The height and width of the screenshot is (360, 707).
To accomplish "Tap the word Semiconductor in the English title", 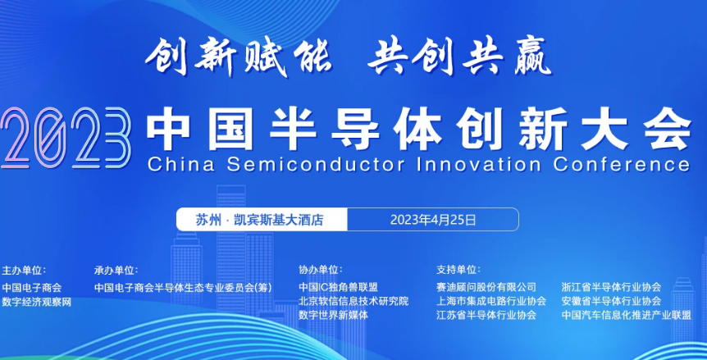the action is click(x=316, y=164).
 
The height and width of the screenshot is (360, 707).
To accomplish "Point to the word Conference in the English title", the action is click(x=622, y=164).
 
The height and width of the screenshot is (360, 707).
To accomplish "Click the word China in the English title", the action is click(x=180, y=164).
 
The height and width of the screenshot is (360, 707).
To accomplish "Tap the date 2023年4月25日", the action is click(x=433, y=220).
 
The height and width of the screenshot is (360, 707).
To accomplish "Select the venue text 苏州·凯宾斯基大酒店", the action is click(x=260, y=220).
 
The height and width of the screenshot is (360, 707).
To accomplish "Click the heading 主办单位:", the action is click(x=25, y=271).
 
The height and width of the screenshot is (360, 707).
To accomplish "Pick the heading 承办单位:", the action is click(x=116, y=271).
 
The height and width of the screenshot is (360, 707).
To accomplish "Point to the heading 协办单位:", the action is click(x=321, y=270).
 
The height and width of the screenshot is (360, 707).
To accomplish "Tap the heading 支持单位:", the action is click(x=458, y=270).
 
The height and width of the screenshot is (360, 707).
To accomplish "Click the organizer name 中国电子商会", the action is click(x=32, y=288).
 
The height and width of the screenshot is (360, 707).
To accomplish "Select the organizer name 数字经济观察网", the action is click(x=37, y=302).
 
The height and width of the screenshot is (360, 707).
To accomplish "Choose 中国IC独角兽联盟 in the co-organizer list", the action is click(x=338, y=287).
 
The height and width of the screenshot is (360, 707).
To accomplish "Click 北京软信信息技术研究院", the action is click(x=353, y=300).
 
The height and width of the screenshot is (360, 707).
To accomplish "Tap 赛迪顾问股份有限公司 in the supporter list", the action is click(x=486, y=286).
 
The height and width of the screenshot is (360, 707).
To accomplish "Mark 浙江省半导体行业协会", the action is click(x=611, y=286).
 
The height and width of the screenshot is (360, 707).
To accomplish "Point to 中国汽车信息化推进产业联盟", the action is click(x=627, y=315).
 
